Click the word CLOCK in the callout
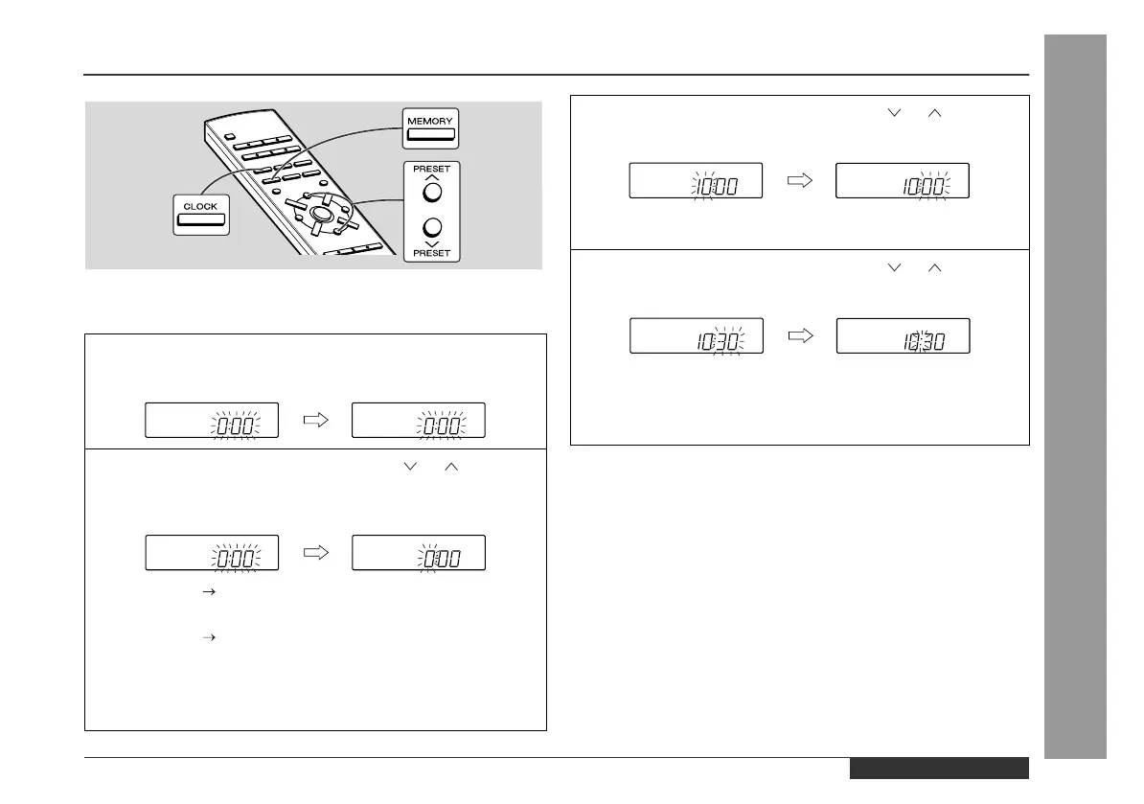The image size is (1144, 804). coord(200,206)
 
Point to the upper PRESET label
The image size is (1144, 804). coord(431,169)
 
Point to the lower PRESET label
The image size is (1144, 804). coord(431,254)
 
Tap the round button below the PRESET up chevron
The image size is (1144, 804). coord(431,192)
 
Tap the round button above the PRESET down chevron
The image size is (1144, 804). coord(431,227)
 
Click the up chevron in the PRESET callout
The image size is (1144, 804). coord(431,178)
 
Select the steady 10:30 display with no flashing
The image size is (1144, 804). coord(903,335)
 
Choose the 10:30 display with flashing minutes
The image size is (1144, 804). coord(696,335)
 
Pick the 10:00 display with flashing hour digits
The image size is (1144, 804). coord(696,180)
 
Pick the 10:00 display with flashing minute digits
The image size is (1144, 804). coord(903,180)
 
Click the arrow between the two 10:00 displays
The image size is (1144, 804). coord(799,180)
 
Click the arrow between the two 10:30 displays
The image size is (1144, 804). coord(799,335)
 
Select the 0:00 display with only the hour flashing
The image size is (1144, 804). coord(419,552)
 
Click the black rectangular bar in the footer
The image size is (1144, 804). coord(938,769)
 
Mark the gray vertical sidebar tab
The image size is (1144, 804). coord(1076,397)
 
